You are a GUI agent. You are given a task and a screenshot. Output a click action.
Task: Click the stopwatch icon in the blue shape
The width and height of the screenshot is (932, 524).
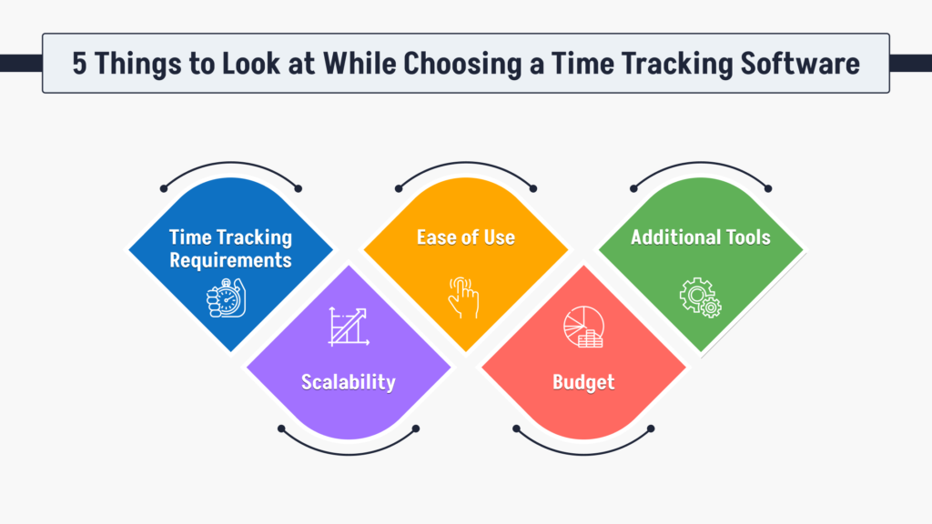(227, 298)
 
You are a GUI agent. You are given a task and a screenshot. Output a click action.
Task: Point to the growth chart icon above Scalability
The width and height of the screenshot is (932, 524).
(348, 327)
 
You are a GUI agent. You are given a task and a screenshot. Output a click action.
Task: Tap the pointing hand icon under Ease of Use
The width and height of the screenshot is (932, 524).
(463, 298)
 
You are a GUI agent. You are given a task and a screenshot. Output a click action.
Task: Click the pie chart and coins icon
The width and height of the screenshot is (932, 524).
(582, 327)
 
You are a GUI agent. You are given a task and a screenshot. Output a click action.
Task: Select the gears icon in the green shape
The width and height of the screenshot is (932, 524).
(700, 298)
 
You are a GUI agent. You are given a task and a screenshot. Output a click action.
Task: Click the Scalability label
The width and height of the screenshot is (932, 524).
(349, 382)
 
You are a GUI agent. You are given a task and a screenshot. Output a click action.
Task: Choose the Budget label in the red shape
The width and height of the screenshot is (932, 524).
(583, 382)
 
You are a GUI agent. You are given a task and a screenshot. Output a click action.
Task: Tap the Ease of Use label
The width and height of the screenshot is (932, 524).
(466, 237)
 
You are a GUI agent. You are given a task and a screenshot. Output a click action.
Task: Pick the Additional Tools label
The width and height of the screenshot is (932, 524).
(701, 237)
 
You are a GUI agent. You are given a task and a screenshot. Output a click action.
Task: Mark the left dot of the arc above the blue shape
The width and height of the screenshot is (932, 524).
(163, 189)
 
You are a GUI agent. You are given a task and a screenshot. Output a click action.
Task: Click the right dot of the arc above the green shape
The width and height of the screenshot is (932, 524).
(768, 189)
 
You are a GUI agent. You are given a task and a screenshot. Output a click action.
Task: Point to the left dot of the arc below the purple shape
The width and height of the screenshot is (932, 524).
(281, 428)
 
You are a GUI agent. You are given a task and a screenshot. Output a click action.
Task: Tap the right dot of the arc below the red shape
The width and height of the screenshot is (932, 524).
(651, 428)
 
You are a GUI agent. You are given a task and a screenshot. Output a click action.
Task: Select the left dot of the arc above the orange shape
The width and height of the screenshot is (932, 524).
(398, 189)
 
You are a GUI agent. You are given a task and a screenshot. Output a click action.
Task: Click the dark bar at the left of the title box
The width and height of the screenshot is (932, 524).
(20, 63)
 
